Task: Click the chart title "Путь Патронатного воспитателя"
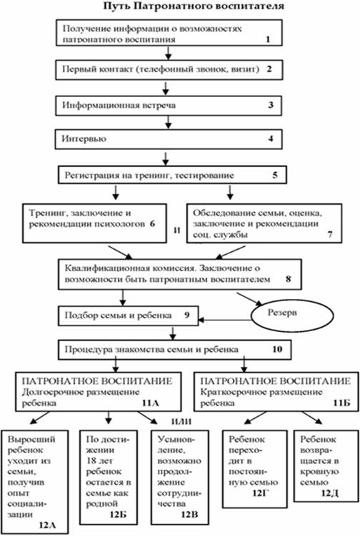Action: coord(194,6)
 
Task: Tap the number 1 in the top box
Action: coord(268,39)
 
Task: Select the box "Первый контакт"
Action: coord(169,69)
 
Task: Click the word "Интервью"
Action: coord(84,138)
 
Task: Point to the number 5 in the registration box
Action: coord(275,175)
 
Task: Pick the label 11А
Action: coord(151,403)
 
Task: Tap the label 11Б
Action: coord(342,403)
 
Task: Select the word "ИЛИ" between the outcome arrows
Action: coord(181,422)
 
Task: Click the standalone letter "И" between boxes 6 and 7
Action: coord(176,231)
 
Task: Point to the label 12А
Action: coord(47,525)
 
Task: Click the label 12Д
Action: coord(330,493)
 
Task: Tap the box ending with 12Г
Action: coord(254,469)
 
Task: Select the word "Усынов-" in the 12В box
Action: coord(176,439)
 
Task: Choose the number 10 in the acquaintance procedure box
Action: coord(277,349)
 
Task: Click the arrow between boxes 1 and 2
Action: coord(168,53)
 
